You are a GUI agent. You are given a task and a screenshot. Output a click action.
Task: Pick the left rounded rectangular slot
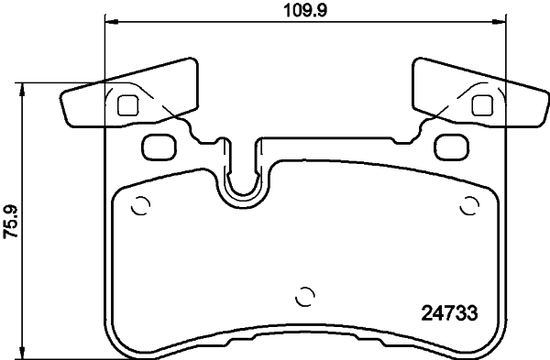point(159,145)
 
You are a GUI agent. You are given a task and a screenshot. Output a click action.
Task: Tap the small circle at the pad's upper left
point(139,205)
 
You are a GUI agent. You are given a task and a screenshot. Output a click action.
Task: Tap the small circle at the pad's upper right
point(468,205)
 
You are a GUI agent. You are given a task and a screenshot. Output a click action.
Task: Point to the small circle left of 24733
point(304,297)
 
